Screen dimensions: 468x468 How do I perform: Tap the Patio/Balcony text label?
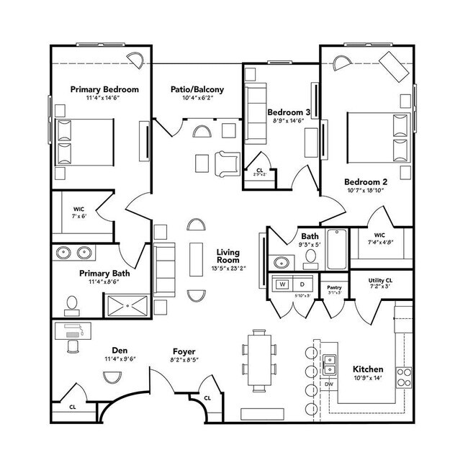(x=197, y=90)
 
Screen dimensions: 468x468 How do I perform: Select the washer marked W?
(x=283, y=284)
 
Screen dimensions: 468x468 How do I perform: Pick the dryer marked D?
(x=302, y=284)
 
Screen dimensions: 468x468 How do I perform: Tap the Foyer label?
(x=182, y=351)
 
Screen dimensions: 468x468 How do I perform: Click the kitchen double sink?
(x=330, y=364)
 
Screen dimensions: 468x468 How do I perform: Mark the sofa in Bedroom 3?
(x=255, y=111)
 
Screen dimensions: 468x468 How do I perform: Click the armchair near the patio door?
(x=227, y=164)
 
